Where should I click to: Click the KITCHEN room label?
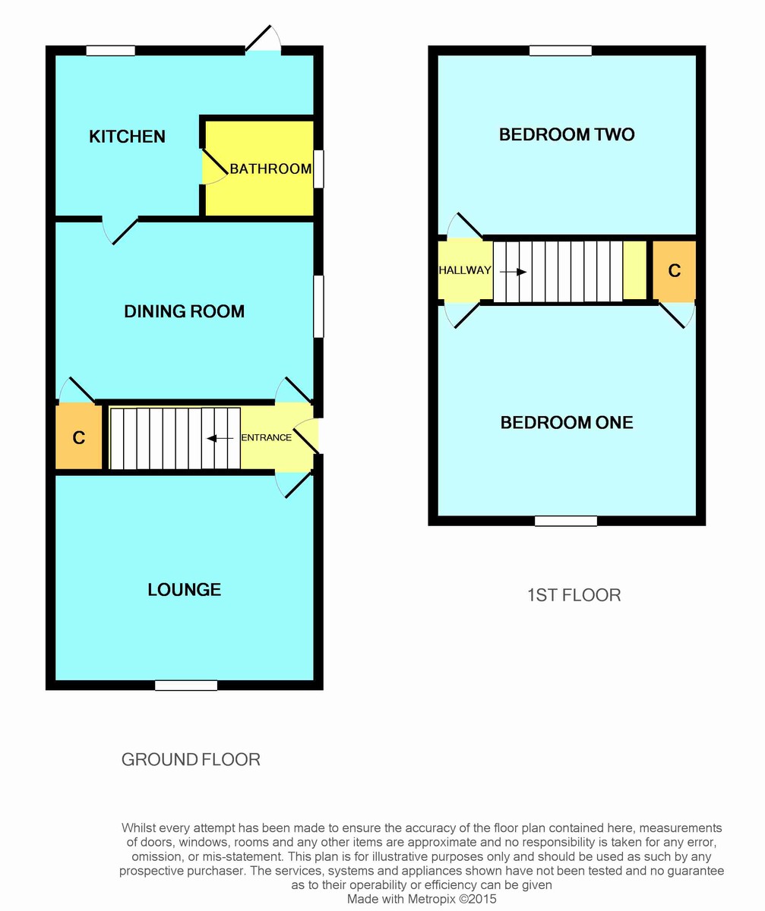click(x=127, y=137)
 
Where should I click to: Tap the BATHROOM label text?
click(x=270, y=169)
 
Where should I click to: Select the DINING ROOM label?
click(x=185, y=311)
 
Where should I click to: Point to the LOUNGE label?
click(x=185, y=590)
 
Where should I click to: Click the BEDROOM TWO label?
click(x=567, y=134)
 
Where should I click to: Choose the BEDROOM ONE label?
click(x=567, y=422)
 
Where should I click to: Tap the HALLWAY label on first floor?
click(x=465, y=270)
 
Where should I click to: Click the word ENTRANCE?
click(x=267, y=437)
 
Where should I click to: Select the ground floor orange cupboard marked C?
click(x=78, y=437)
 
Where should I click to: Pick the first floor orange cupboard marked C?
click(x=674, y=271)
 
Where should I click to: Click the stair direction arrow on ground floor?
click(x=220, y=438)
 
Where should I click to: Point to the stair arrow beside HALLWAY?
click(x=513, y=273)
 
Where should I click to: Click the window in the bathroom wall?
click(x=319, y=169)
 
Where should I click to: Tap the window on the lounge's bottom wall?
click(x=186, y=686)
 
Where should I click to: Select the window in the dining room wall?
click(x=319, y=306)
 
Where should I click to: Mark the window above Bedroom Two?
click(x=561, y=51)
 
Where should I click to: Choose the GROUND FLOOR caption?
click(x=191, y=760)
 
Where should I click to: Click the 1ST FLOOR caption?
click(x=574, y=595)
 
